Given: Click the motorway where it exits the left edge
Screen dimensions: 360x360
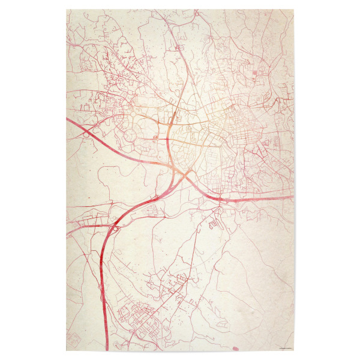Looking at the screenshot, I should coord(68,120).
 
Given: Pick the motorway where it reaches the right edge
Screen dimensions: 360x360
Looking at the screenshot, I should coord(292,196).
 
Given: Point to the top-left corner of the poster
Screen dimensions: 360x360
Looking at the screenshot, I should coord(66,9).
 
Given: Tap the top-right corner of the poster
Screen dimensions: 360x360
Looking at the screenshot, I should coord(294,9).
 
